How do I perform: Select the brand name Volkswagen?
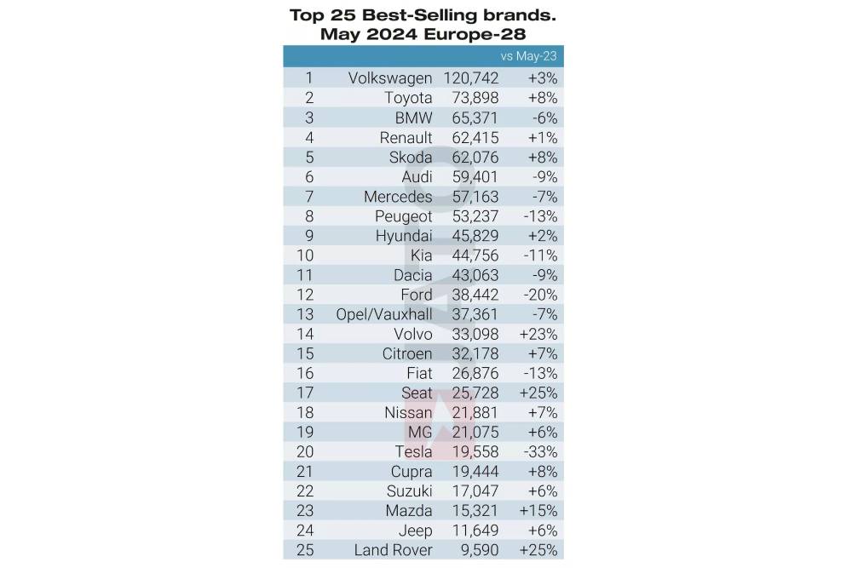tap(390, 78)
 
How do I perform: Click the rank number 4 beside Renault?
tap(309, 137)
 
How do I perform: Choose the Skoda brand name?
tap(410, 157)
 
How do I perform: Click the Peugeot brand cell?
tap(403, 216)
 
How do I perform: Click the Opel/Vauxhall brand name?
tap(384, 314)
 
